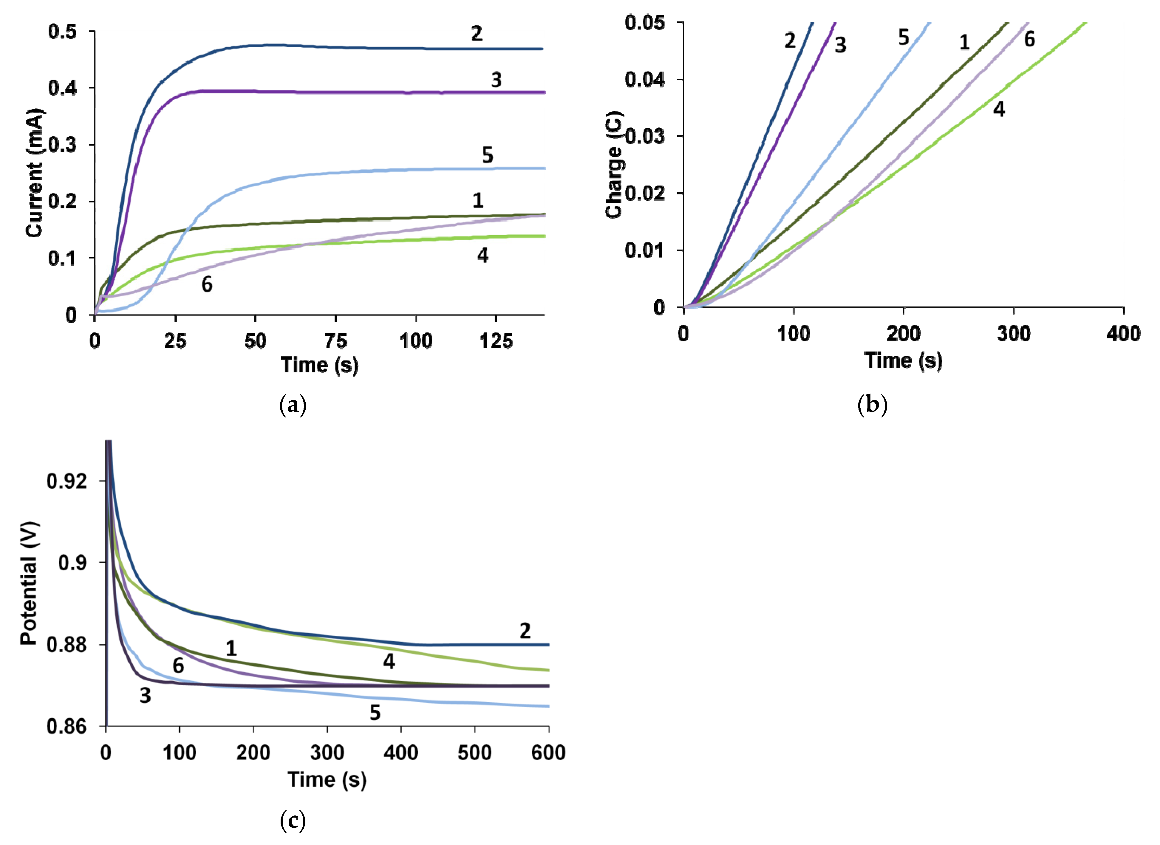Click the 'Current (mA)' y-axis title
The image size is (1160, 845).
(x=35, y=173)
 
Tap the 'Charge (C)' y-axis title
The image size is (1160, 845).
(x=614, y=165)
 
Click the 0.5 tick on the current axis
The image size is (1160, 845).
(x=62, y=32)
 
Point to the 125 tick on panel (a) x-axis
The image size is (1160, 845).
(x=496, y=341)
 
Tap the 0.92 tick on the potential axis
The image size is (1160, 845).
(x=66, y=481)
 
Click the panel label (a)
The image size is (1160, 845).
(x=293, y=405)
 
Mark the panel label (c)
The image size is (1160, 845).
(x=293, y=821)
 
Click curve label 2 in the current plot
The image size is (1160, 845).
(x=477, y=34)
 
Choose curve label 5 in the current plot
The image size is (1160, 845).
(x=488, y=155)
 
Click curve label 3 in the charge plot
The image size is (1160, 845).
(x=840, y=45)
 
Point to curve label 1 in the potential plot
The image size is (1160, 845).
(x=231, y=649)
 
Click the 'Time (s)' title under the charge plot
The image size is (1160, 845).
(x=903, y=360)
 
